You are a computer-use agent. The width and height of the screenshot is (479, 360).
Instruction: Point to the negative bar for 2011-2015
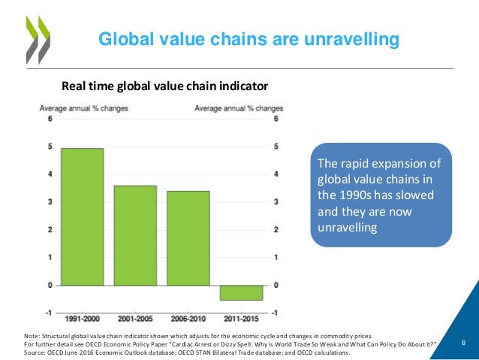(x=241, y=292)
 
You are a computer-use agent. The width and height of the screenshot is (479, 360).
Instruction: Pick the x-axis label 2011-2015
(x=241, y=318)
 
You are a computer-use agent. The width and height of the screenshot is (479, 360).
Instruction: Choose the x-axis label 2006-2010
(x=188, y=318)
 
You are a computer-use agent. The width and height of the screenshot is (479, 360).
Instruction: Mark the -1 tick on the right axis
(x=277, y=313)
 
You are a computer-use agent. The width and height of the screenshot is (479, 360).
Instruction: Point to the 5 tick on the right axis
(x=277, y=147)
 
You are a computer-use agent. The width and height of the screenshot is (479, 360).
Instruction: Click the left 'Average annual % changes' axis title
(x=83, y=108)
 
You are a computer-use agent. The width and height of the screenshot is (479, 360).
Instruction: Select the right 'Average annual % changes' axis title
(x=239, y=108)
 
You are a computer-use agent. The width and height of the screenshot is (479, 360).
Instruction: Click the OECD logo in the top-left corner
(x=34, y=38)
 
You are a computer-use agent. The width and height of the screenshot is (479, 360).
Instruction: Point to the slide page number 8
(x=463, y=343)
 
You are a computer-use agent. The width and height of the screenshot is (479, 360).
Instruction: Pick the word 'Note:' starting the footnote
(x=32, y=336)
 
